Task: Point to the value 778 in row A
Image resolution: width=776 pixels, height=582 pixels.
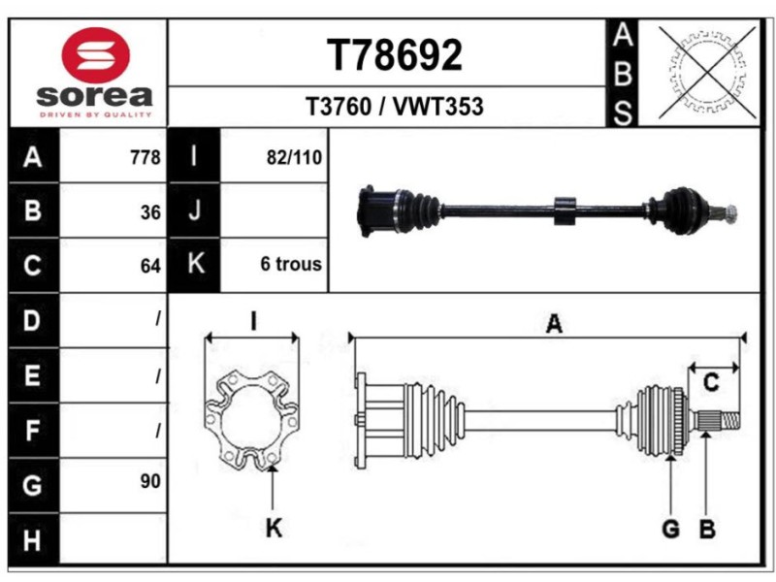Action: tap(145, 157)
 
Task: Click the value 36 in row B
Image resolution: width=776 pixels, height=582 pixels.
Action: tap(150, 210)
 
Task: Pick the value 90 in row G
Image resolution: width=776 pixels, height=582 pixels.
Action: tap(150, 480)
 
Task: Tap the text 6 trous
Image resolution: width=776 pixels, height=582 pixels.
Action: tap(291, 264)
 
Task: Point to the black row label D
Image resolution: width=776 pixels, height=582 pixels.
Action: tap(32, 320)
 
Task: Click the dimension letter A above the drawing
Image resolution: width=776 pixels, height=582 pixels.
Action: tap(554, 324)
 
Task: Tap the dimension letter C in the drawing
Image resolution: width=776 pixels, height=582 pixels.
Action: tap(711, 383)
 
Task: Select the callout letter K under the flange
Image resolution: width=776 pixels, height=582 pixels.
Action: tap(274, 529)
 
